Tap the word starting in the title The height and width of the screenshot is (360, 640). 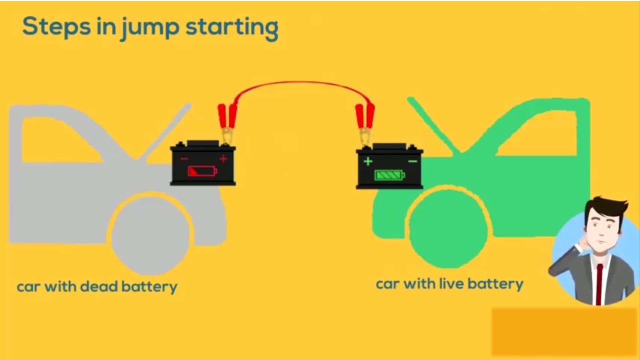[232, 28]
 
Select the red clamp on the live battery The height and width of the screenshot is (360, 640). [364, 120]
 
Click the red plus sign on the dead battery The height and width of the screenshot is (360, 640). [223, 159]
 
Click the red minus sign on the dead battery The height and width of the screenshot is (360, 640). [184, 159]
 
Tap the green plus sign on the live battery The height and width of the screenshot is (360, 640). [368, 161]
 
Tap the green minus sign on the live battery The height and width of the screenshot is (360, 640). [412, 161]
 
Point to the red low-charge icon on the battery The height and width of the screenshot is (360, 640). [202, 171]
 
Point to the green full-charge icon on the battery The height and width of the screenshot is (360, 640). [390, 175]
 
